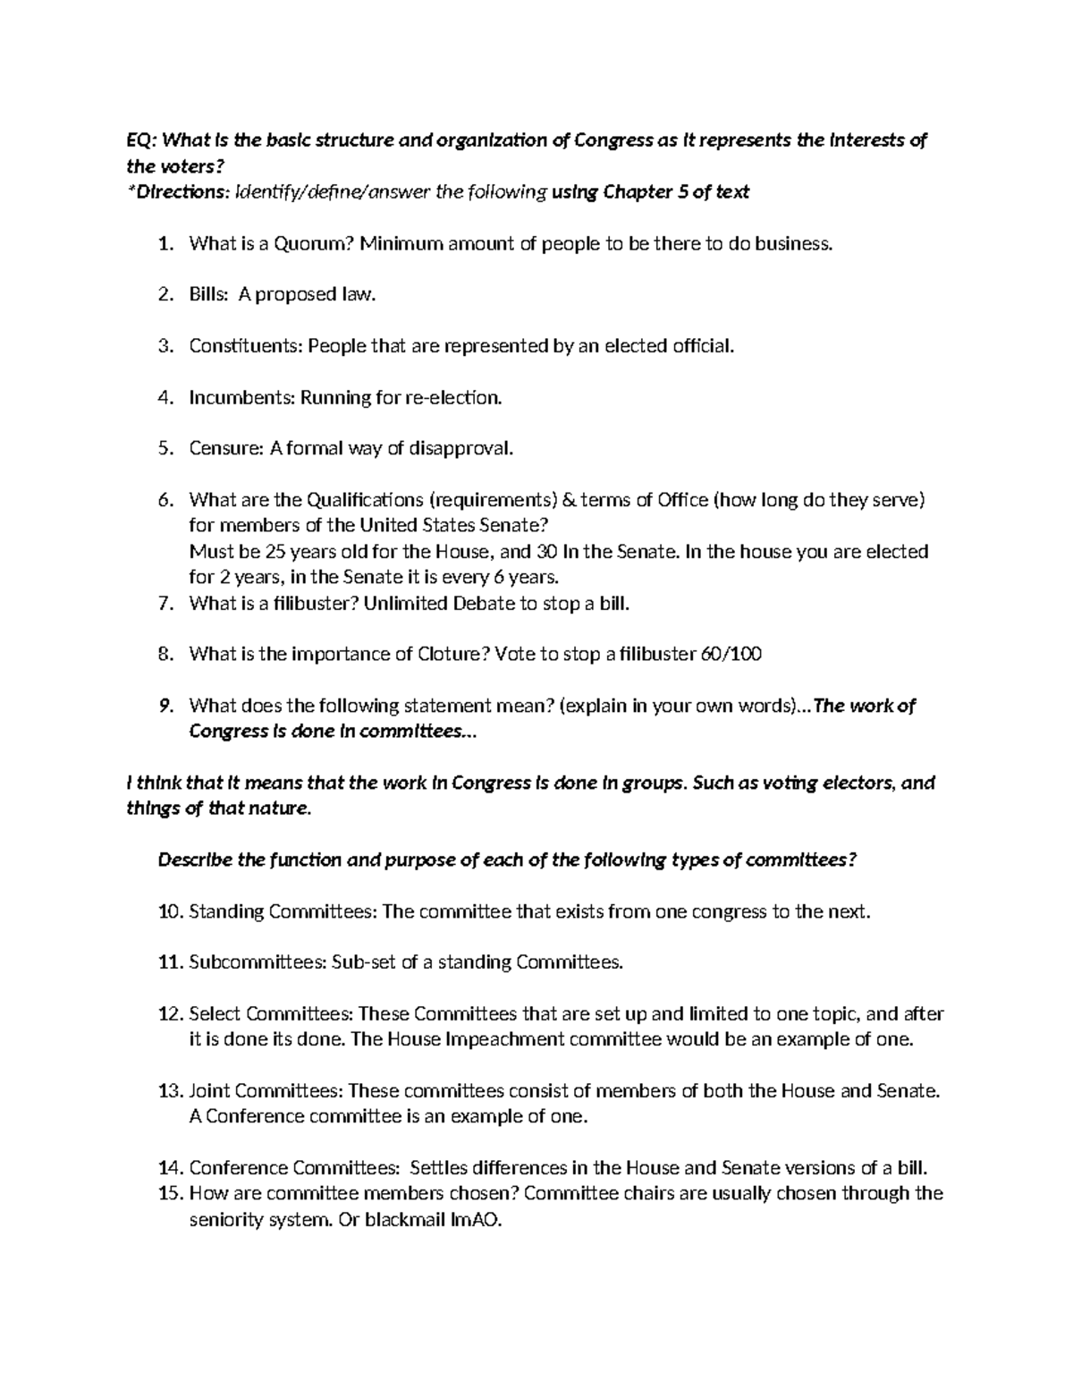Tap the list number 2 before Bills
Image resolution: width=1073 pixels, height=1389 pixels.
click(163, 294)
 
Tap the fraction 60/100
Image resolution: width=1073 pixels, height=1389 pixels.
click(731, 655)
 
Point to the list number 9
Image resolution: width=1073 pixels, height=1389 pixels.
click(163, 707)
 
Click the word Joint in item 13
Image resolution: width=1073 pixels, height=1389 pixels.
click(209, 1091)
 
